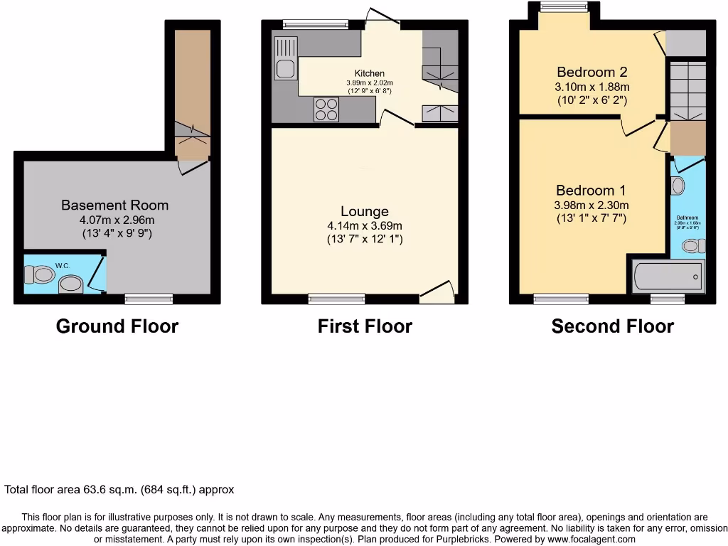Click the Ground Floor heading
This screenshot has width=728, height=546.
tap(117, 326)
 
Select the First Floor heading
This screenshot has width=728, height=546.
tap(365, 326)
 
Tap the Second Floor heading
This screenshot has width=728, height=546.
tap(612, 326)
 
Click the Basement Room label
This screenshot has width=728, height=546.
tap(114, 205)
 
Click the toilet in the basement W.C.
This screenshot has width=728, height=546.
tap(40, 274)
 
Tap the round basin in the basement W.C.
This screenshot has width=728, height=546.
tap(70, 285)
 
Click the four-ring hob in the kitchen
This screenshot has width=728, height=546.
tap(326, 109)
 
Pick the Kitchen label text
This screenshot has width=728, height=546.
tap(370, 73)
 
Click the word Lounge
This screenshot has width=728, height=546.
tap(365, 211)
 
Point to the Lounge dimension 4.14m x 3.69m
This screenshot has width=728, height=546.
tap(365, 225)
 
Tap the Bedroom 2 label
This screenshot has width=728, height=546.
tap(591, 72)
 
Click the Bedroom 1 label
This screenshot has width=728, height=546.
tap(591, 191)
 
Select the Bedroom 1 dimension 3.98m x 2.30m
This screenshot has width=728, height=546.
tap(591, 205)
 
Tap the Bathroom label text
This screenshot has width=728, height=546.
tap(687, 218)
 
